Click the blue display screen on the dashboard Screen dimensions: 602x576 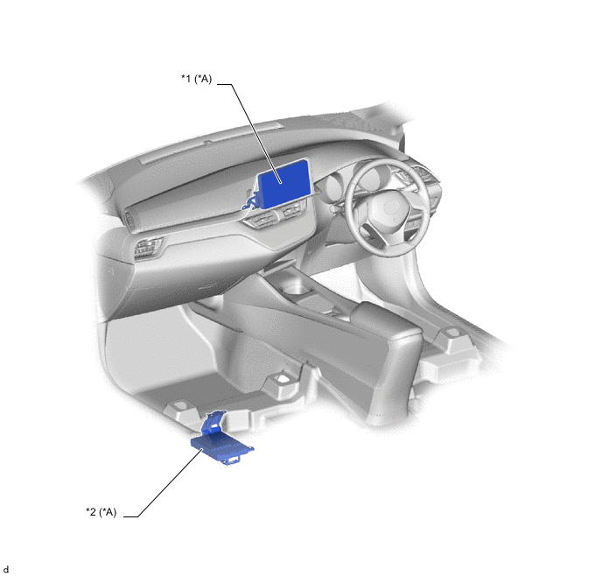[x=285, y=185]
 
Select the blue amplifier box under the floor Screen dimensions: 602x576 [x=222, y=447]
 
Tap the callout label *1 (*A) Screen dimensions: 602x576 [x=196, y=79]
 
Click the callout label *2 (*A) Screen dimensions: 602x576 [x=101, y=512]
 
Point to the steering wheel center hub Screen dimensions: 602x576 [x=388, y=209]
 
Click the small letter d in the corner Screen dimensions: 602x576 [x=6, y=570]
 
